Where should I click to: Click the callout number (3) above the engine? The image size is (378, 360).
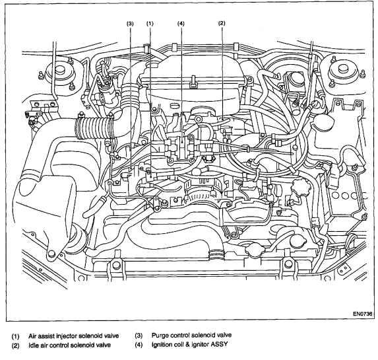[x=130, y=23]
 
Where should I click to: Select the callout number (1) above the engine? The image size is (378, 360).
[x=150, y=23]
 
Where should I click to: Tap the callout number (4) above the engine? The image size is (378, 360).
[x=181, y=23]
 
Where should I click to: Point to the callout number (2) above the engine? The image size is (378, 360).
[x=222, y=23]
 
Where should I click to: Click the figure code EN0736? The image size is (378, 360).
[x=363, y=314]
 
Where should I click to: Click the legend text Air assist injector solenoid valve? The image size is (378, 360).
[x=73, y=336]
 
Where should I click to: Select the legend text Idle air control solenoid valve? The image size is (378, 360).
[x=70, y=345]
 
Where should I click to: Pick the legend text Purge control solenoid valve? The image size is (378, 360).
[x=192, y=335]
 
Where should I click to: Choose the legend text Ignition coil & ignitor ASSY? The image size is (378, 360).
[x=190, y=344]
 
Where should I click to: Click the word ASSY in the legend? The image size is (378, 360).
[x=219, y=344]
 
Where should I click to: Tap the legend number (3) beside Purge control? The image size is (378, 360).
[x=139, y=336]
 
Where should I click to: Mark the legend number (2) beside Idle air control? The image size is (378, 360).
[x=15, y=345]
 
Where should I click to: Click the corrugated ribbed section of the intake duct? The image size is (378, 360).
[x=94, y=127]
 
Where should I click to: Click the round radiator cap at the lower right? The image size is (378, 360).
[x=298, y=240]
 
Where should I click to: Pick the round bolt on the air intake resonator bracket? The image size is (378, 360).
[x=51, y=254]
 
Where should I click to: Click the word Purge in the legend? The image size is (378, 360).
[x=160, y=336]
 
